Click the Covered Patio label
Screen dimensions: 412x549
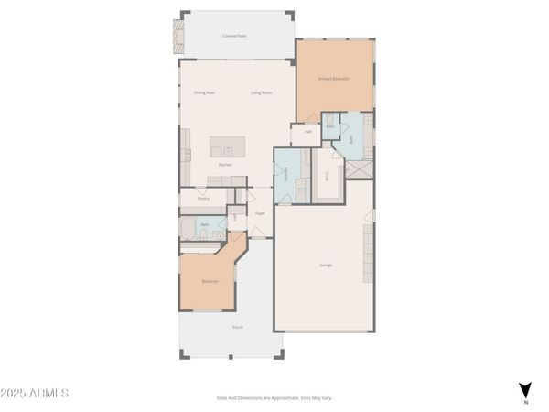click(235, 36)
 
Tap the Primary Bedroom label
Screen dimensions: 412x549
click(335, 80)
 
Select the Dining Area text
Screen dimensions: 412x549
click(204, 92)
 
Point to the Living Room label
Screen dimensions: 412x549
click(262, 92)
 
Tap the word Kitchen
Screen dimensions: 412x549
click(225, 165)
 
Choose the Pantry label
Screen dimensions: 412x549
click(203, 197)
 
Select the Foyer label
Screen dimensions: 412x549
click(260, 214)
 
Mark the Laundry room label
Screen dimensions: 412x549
click(288, 174)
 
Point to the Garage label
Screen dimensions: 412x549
click(326, 266)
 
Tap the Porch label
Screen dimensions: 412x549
click(238, 327)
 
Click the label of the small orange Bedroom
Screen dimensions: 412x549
click(210, 282)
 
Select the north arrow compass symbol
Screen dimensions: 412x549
click(525, 390)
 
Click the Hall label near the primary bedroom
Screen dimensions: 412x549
click(308, 132)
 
